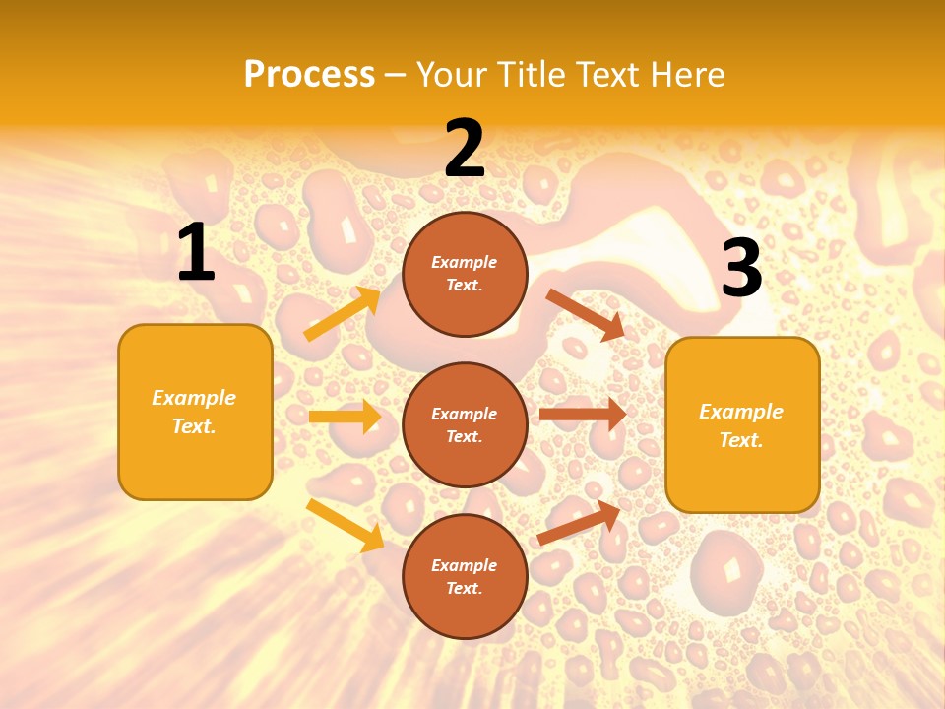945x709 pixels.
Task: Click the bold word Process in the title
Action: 309,75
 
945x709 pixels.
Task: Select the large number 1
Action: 196,253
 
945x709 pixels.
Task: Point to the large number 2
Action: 464,149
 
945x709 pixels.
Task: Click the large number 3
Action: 741,269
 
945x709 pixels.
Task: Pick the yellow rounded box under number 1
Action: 195,412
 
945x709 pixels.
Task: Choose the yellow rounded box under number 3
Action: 742,424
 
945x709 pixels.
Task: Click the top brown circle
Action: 465,274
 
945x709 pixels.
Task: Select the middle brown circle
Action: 465,424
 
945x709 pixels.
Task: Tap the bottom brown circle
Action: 465,576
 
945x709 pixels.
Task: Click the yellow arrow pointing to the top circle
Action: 343,314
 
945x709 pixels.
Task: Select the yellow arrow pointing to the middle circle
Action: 345,417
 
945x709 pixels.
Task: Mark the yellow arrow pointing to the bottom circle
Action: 345,525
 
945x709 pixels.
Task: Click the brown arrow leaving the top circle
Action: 586,314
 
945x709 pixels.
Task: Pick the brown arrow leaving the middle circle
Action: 583,414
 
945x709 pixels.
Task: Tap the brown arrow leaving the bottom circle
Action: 579,521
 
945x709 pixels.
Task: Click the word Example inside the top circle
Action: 465,262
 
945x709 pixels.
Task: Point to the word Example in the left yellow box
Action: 194,398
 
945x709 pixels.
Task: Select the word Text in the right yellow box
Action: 741,440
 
